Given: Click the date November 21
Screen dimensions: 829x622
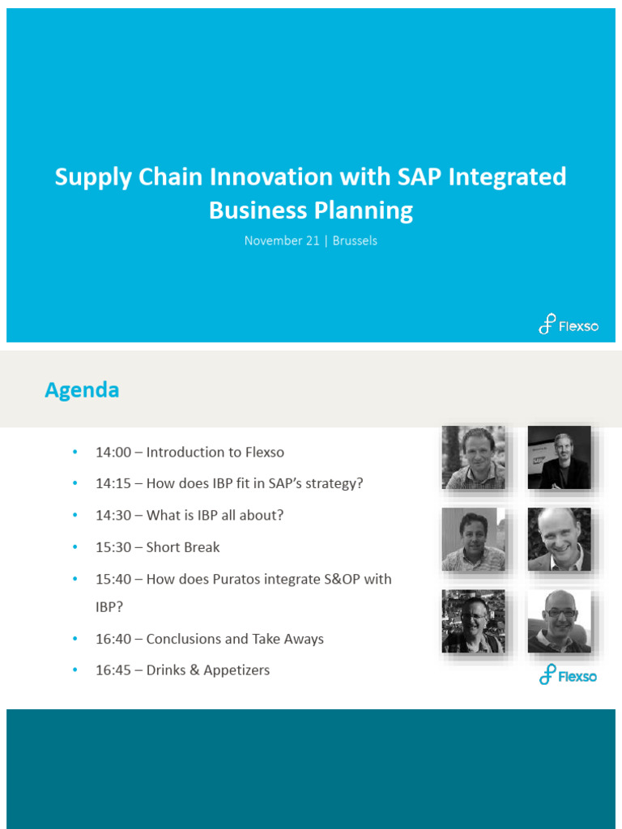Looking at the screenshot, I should click(282, 240).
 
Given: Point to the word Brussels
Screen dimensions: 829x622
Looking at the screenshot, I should click(355, 240).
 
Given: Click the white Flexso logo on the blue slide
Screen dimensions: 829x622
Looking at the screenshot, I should click(569, 325).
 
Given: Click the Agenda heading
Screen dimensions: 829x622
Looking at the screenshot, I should click(82, 390).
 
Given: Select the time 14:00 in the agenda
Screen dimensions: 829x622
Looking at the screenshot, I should click(113, 453).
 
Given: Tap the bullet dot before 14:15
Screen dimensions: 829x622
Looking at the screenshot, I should click(75, 483).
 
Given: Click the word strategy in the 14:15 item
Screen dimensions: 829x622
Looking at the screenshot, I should click(334, 484).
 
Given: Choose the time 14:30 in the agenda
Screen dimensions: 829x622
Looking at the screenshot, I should click(113, 516).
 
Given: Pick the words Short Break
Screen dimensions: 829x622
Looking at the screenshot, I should click(183, 547).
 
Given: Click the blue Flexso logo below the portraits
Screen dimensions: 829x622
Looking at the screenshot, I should click(569, 674).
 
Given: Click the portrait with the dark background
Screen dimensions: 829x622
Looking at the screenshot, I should click(559, 457).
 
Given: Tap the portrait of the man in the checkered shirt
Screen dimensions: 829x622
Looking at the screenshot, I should click(474, 457).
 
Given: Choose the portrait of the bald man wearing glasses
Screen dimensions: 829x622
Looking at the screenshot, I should click(559, 621).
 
